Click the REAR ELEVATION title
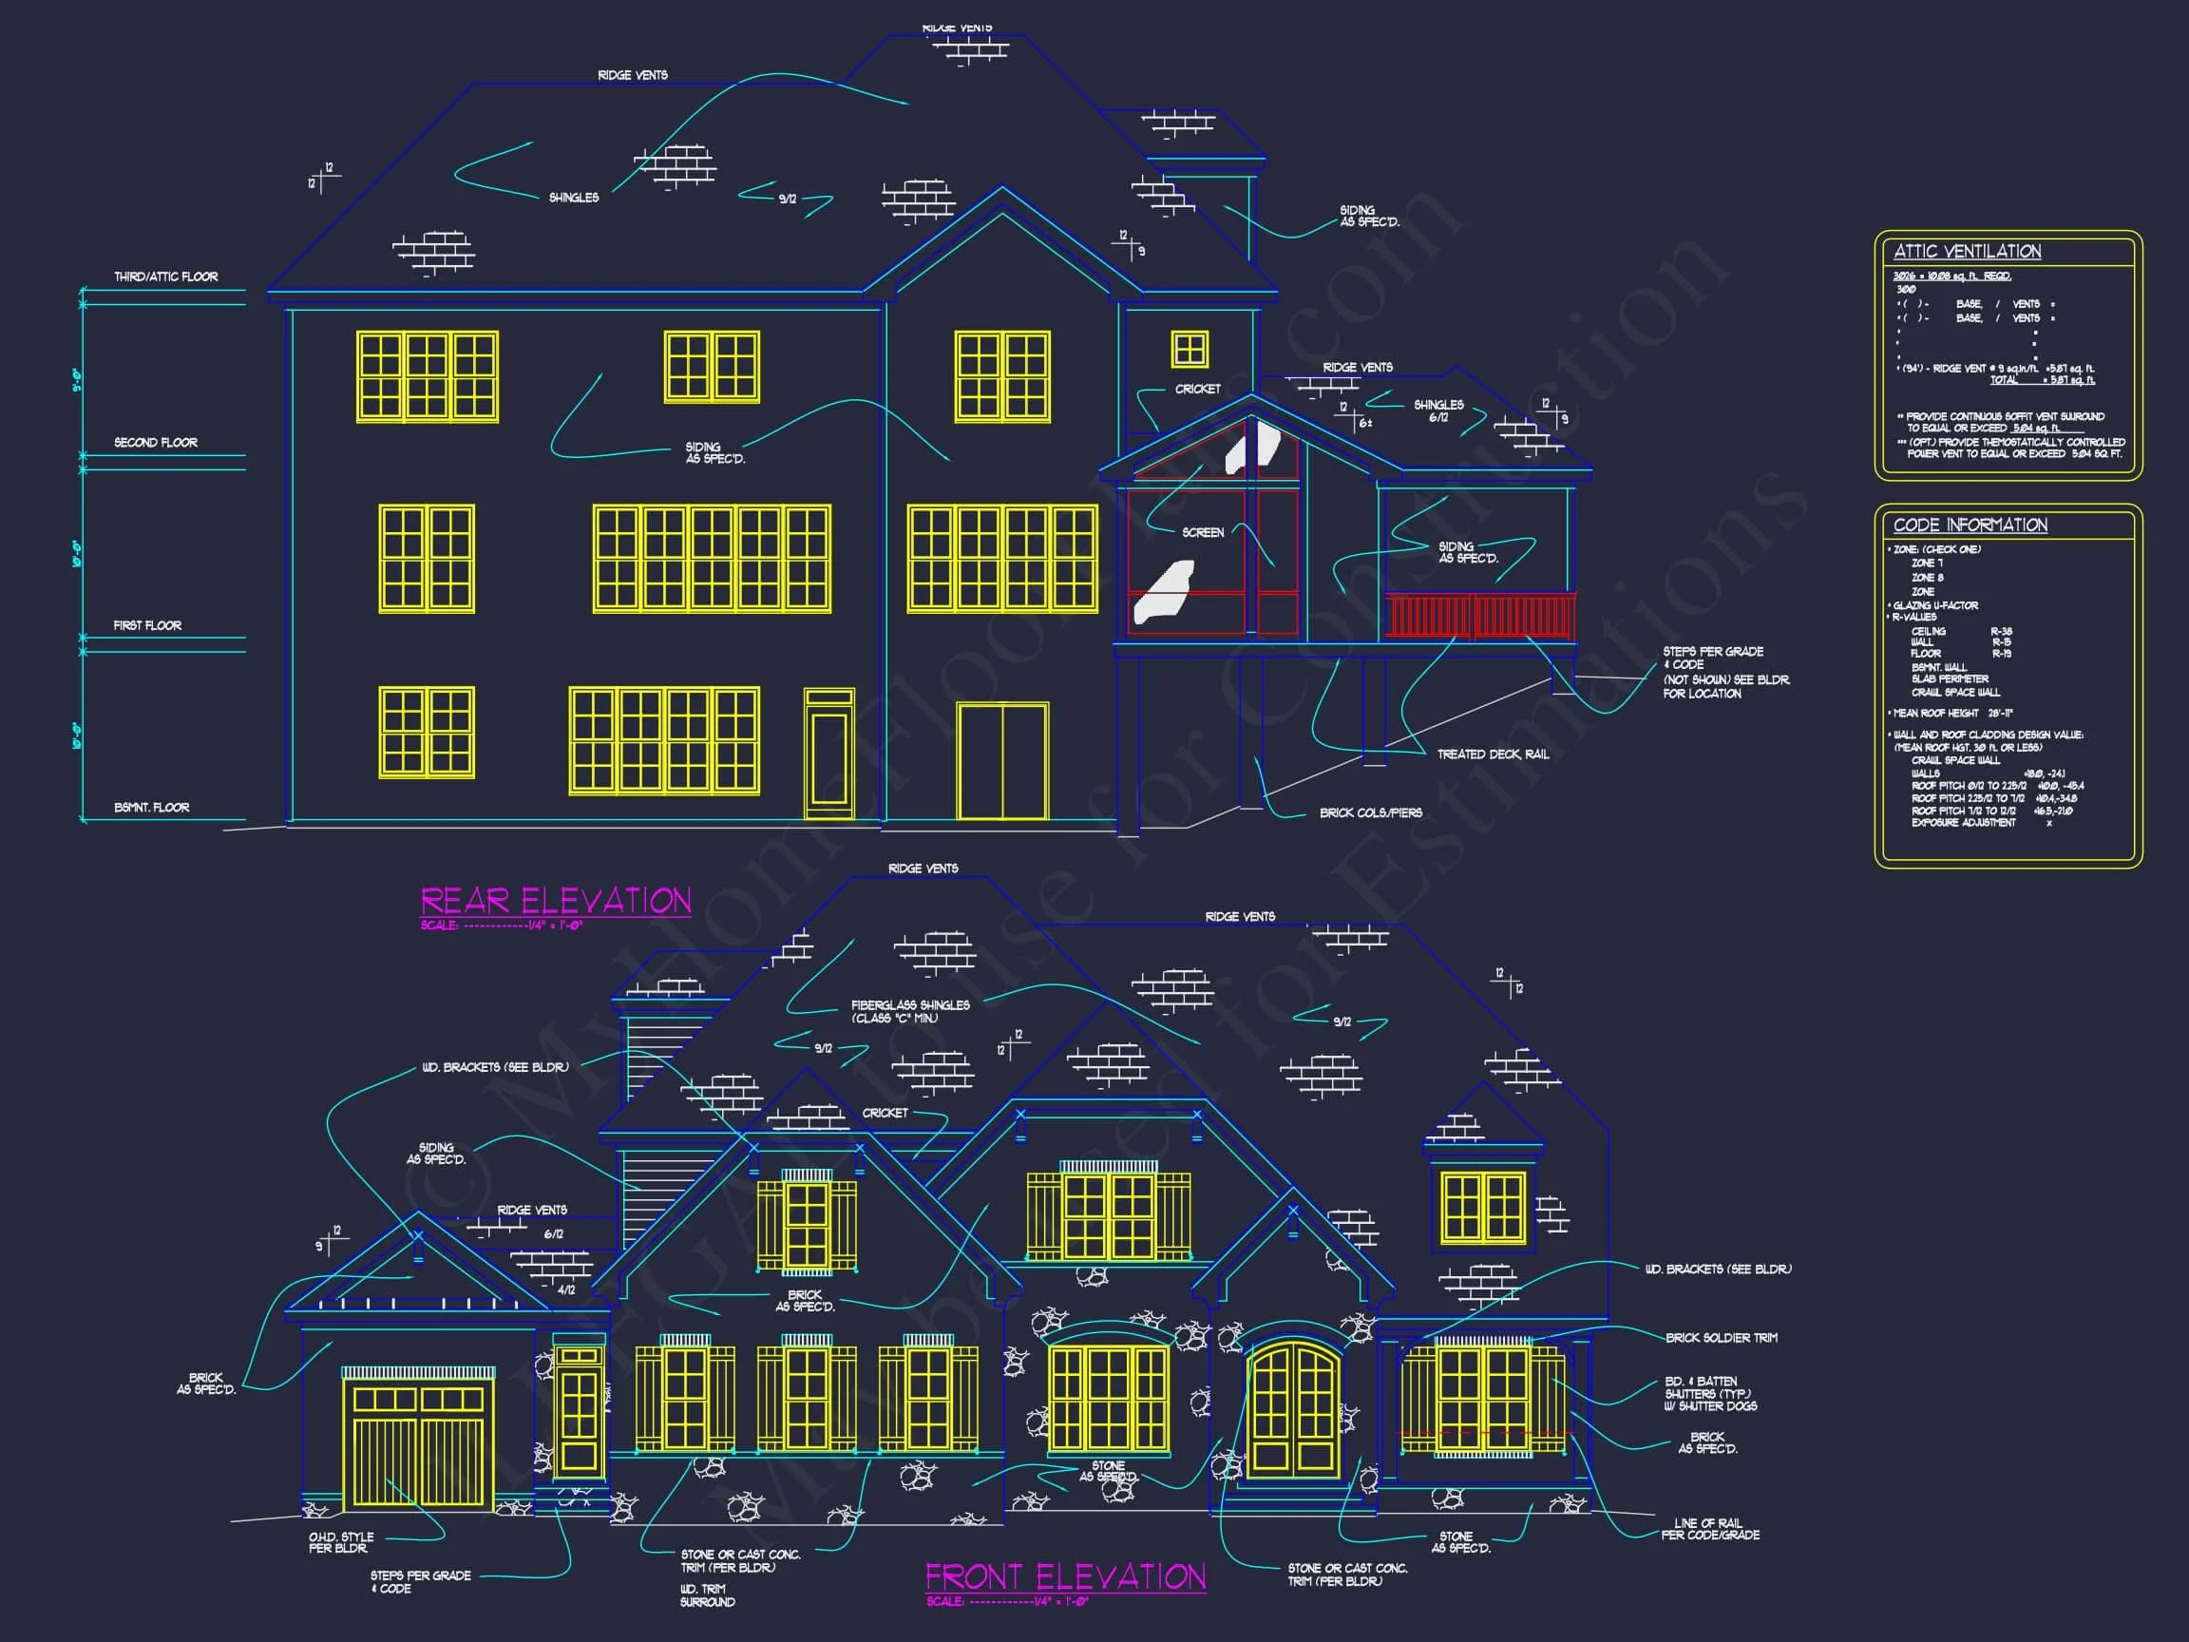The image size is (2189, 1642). coord(555,901)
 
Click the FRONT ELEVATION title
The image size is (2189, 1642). coord(1065,1577)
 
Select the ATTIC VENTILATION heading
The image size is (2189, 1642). coord(1967,252)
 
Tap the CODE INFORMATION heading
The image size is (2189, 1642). coord(1970,525)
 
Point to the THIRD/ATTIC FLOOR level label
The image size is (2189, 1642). coord(165,277)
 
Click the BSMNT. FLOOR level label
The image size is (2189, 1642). coord(151,808)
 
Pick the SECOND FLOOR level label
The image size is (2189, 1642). coord(156,443)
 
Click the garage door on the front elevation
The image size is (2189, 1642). coord(418,1445)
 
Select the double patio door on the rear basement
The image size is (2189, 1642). coord(1001,761)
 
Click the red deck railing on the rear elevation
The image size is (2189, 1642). coord(1479,616)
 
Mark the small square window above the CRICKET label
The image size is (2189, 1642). coord(1190,350)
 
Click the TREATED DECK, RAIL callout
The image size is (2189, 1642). coord(1493,754)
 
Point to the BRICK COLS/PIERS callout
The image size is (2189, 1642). coord(1370,813)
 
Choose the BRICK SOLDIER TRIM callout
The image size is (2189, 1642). coord(1721,1338)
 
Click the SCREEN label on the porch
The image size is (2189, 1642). coord(1203,532)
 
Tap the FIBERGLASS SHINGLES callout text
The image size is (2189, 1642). coord(909,1010)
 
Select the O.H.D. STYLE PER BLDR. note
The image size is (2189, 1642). coord(340,1542)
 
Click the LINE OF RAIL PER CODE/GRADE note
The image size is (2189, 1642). coord(1710,1529)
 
